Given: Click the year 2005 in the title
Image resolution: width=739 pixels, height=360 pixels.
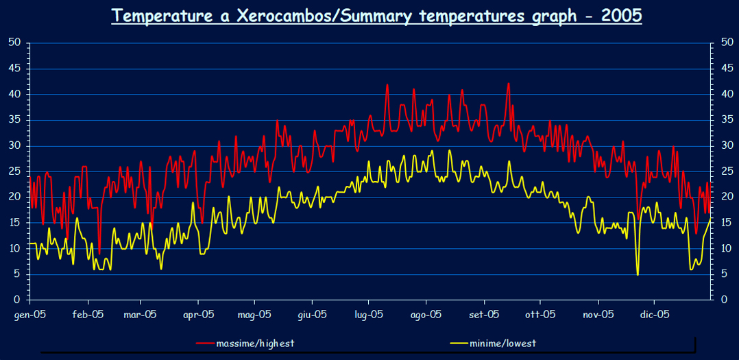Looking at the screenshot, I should click(x=620, y=16).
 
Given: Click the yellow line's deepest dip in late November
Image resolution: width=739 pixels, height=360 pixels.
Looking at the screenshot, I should click(x=638, y=274).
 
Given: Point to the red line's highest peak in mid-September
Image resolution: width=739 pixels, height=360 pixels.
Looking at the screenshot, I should click(x=509, y=84).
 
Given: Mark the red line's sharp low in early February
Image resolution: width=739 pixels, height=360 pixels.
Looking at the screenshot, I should click(x=99, y=253).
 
